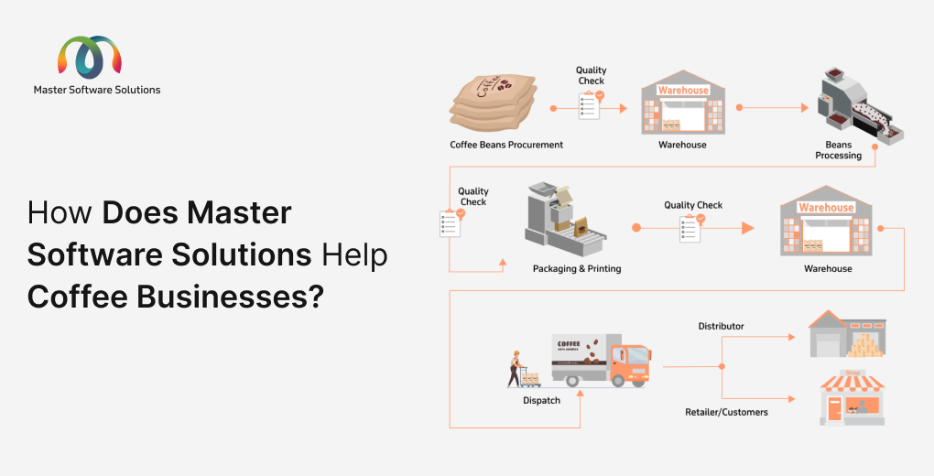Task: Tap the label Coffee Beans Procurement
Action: point(506,145)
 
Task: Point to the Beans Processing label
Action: point(838,150)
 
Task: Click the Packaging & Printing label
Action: point(577,268)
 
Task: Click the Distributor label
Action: point(721,326)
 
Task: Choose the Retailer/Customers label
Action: point(726,412)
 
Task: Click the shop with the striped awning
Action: point(852,397)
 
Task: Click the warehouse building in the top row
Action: point(682,107)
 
